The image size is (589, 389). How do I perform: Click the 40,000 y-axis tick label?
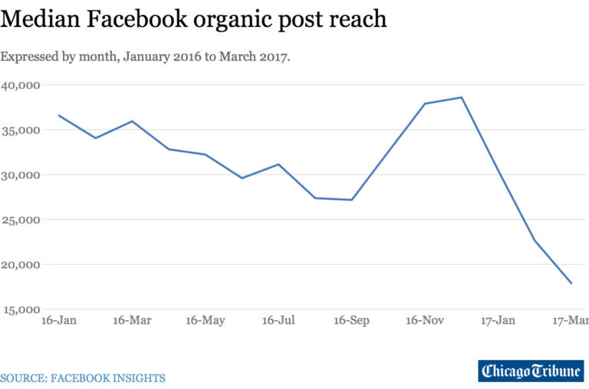(21, 85)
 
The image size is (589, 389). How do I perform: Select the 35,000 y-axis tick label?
(21, 130)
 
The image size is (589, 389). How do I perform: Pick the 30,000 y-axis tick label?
(21, 175)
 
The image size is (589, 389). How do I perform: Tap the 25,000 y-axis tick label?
(21, 220)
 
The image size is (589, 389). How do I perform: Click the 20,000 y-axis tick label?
(21, 265)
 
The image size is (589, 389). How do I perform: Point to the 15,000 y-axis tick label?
(21, 309)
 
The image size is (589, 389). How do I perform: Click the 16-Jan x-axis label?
(58, 320)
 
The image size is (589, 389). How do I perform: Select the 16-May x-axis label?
(205, 320)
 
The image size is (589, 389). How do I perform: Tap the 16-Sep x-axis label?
(352, 320)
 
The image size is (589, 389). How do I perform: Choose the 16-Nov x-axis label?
(425, 320)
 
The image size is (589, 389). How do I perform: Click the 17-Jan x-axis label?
(498, 320)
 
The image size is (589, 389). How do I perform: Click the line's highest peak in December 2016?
(462, 97)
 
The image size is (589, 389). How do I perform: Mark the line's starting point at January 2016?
(59, 116)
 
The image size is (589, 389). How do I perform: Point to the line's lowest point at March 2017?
(571, 283)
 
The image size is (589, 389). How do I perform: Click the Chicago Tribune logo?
(531, 371)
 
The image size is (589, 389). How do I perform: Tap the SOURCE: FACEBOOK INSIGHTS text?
(83, 378)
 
